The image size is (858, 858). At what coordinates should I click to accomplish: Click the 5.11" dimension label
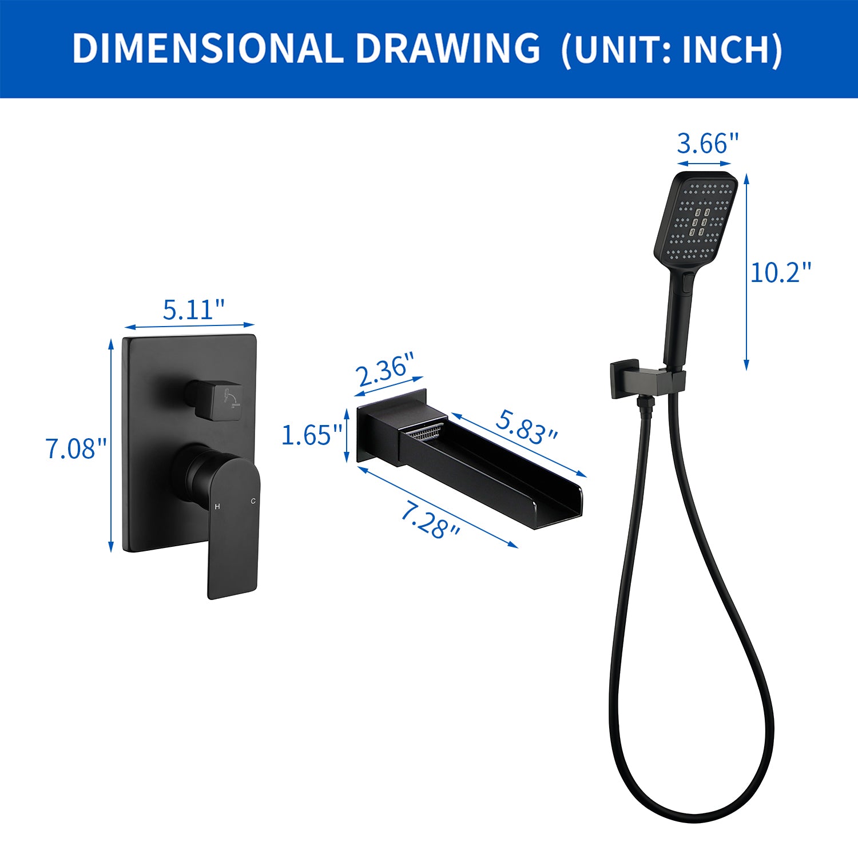point(194,309)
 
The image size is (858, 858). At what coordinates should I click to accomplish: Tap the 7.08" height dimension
point(76,448)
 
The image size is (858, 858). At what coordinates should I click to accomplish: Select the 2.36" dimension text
point(385,370)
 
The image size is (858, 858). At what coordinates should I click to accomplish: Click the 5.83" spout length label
point(526,427)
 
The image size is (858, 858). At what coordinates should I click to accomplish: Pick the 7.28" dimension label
point(430,519)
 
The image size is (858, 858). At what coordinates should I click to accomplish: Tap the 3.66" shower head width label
point(708,143)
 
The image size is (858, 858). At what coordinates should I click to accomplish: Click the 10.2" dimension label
point(781,272)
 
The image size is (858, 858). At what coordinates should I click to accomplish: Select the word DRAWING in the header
point(448,48)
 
